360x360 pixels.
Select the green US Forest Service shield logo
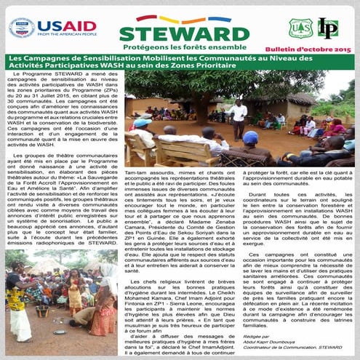298,28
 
